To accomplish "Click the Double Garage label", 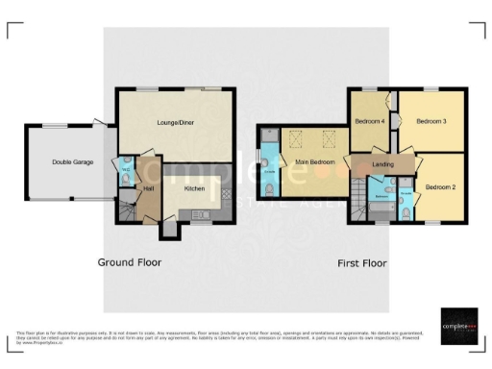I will pos(72,162).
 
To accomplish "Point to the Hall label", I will pos(149,189).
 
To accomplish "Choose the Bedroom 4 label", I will pos(369,122).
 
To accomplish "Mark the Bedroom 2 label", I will pos(441,186).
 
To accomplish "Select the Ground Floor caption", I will pos(130,262).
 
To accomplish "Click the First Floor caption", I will pos(361,262).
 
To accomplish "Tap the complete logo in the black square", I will pos(458,325).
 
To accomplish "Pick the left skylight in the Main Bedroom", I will pos(296,136).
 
